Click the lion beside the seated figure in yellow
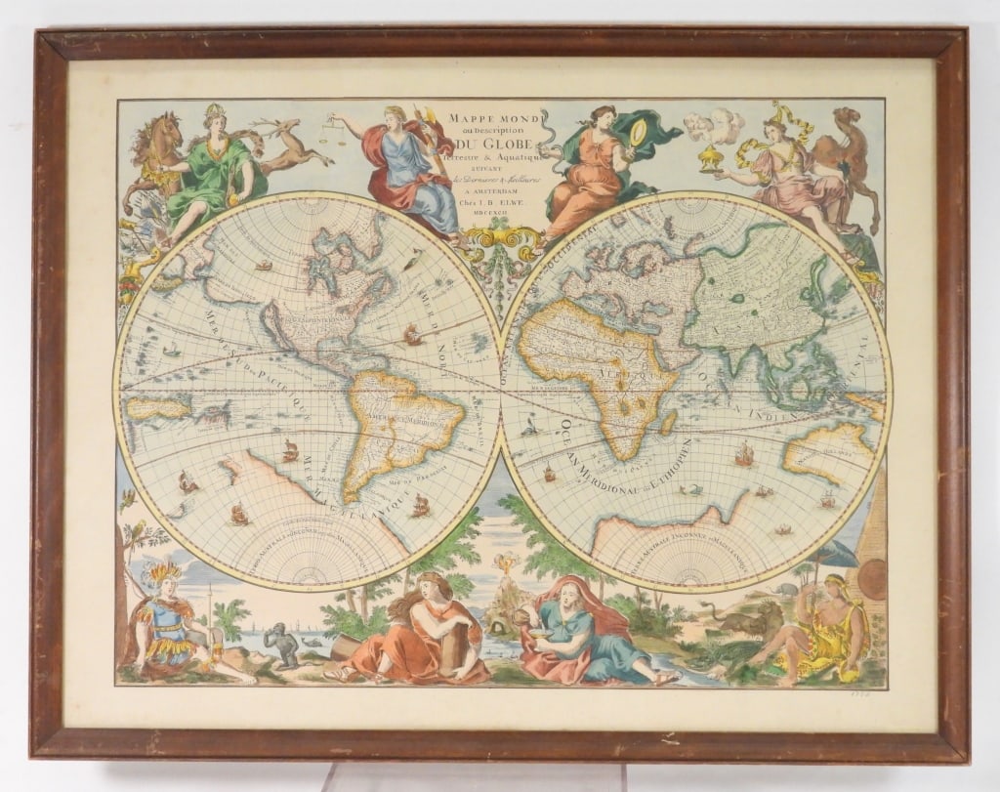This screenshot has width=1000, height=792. tap(747, 620)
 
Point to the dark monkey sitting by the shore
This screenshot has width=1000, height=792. tap(283, 646)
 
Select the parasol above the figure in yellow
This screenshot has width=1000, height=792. tap(837, 555)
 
